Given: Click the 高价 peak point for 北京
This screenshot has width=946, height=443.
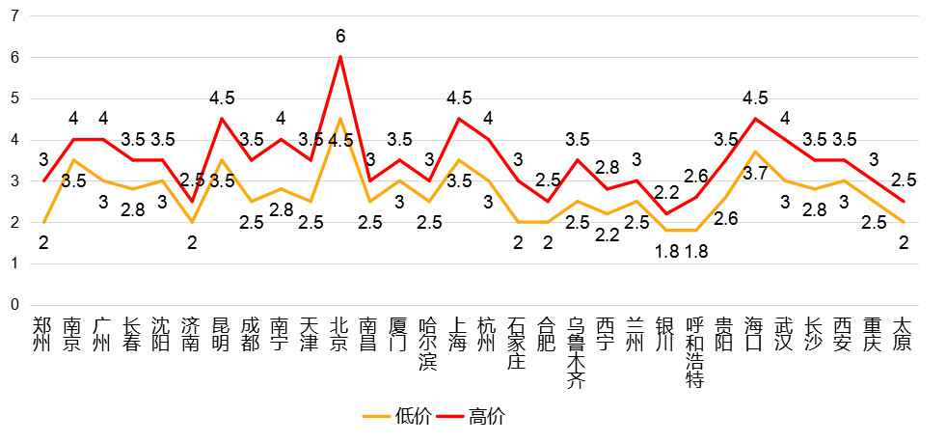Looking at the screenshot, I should (339, 56).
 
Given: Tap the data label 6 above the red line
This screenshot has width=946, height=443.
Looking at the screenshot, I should (339, 36).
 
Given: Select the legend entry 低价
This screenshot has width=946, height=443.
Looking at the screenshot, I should (390, 417).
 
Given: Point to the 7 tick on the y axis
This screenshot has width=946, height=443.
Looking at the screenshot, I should (14, 16).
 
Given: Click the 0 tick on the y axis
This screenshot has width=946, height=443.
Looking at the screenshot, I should (14, 305).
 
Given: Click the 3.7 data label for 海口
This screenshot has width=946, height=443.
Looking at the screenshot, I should (757, 173).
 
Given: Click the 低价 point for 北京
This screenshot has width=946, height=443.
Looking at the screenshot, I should (339, 119).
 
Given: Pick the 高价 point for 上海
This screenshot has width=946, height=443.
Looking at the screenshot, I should (459, 119).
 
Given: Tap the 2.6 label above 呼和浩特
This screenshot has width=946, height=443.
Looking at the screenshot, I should (696, 176).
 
